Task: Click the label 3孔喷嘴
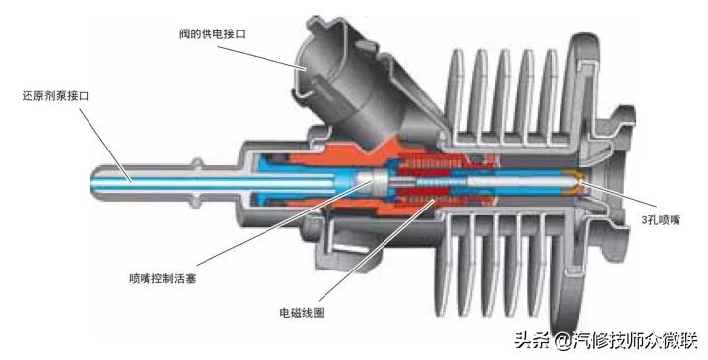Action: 655,221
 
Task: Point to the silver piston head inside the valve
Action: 371,182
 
